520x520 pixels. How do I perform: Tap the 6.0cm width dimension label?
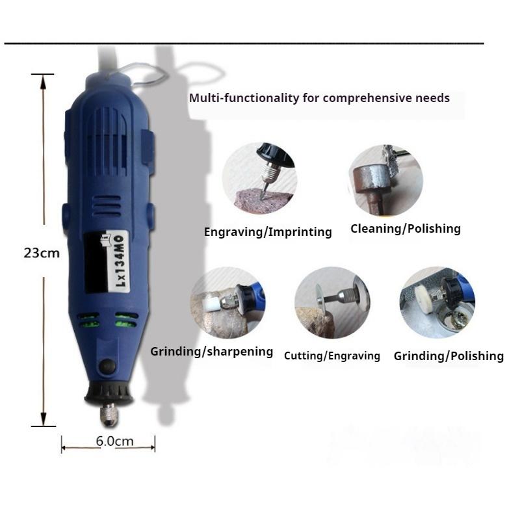pos(114,441)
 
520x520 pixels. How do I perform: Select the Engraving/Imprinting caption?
pos(268,231)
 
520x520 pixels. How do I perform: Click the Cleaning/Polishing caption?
pos(405,228)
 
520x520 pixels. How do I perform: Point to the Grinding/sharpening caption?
pos(212,352)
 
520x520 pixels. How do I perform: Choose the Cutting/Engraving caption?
pos(332,356)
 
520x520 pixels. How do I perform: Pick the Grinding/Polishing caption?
pos(448,356)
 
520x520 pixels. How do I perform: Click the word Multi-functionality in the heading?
pos(244,99)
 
